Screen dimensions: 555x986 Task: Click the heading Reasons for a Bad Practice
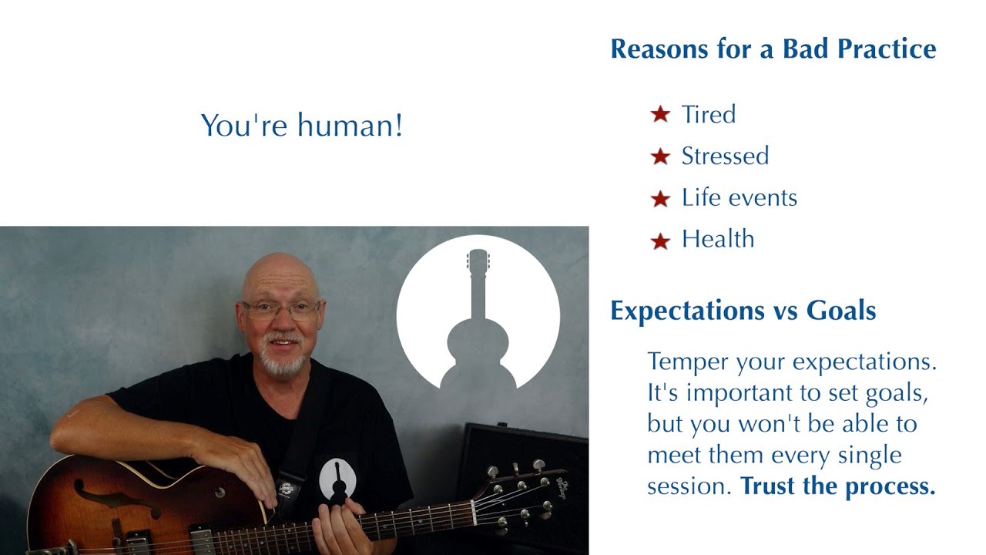click(x=773, y=49)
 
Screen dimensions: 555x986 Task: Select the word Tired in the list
click(x=708, y=115)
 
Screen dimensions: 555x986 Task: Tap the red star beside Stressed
click(x=660, y=157)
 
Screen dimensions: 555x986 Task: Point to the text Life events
click(x=739, y=198)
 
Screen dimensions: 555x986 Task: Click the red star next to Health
click(x=660, y=240)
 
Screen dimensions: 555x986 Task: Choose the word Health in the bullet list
click(x=717, y=240)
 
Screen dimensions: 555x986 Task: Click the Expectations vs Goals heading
click(x=743, y=311)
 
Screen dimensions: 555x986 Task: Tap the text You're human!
click(x=301, y=126)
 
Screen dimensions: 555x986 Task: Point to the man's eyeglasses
click(x=280, y=310)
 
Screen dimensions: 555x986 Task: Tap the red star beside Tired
click(x=660, y=116)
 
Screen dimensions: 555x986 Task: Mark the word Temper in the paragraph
click(x=682, y=362)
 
